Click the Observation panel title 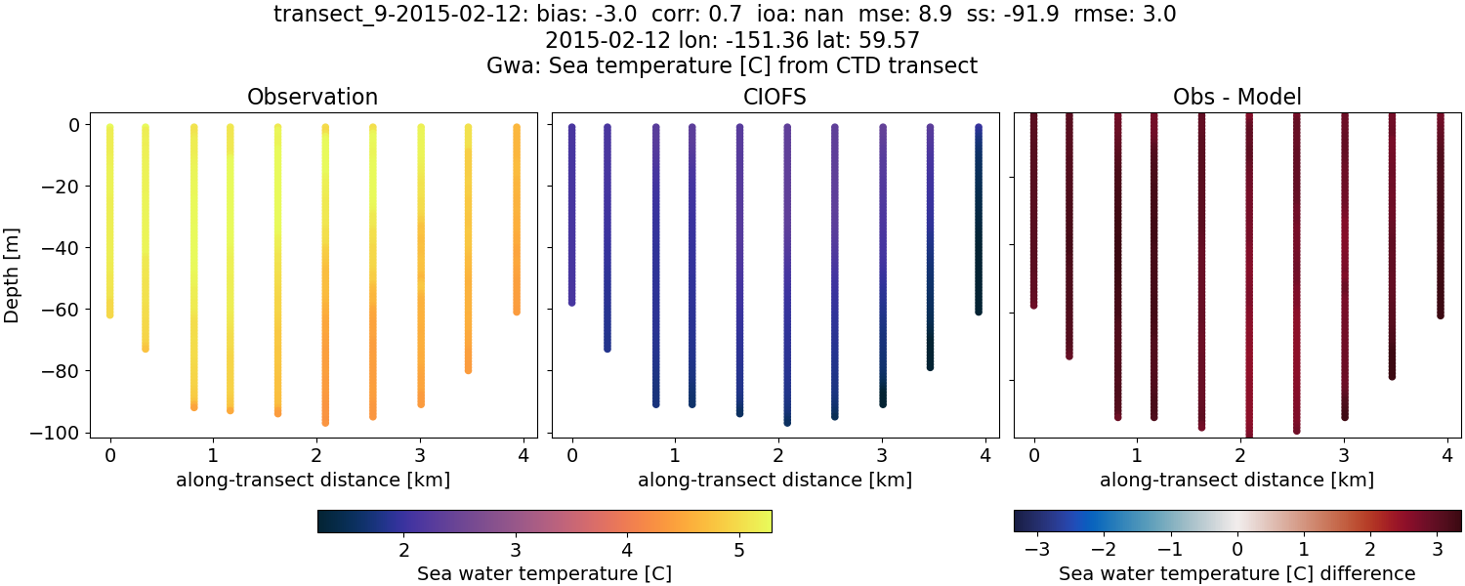(313, 97)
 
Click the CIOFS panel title (775, 97)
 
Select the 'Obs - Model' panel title (1236, 97)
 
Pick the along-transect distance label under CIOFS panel (775, 480)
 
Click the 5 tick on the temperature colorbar (738, 550)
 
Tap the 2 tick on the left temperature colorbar (403, 550)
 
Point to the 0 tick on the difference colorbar (1237, 550)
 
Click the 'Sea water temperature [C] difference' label (1236, 573)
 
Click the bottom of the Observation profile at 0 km (109, 314)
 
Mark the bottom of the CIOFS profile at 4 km (978, 311)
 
